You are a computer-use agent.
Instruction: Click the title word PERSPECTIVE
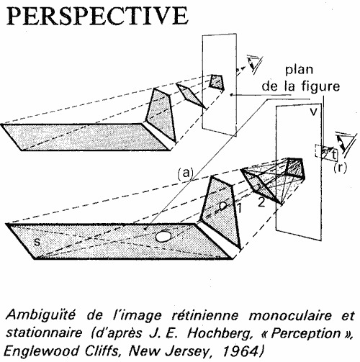click(96, 16)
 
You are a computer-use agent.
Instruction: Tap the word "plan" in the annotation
click(299, 71)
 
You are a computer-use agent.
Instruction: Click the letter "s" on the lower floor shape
click(37, 242)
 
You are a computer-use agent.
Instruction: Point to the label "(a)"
click(185, 173)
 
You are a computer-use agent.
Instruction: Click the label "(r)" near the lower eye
click(340, 168)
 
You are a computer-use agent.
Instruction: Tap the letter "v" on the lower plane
click(313, 112)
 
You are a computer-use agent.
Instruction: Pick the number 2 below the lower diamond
click(261, 202)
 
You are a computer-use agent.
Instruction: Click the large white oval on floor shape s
click(163, 236)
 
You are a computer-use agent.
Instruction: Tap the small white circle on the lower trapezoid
click(223, 206)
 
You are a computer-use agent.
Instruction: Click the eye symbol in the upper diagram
click(255, 63)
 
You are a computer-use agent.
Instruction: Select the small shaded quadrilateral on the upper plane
click(217, 82)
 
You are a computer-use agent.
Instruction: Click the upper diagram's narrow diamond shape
click(192, 96)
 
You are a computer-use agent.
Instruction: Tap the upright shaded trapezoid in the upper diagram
click(161, 114)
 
